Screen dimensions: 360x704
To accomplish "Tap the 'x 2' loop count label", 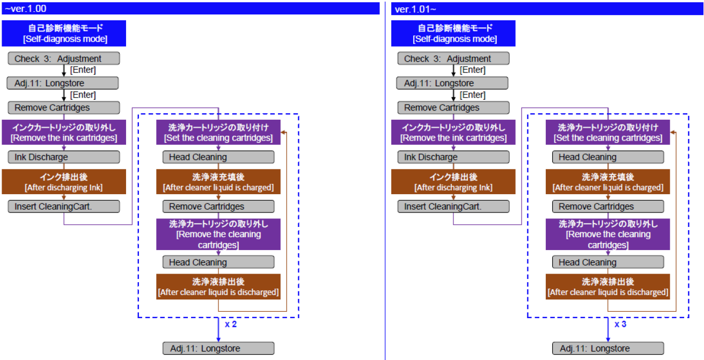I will tap(231, 325).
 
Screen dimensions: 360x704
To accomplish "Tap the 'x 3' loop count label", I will tap(620, 325).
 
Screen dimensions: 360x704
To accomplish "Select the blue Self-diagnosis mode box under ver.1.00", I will tap(64, 33).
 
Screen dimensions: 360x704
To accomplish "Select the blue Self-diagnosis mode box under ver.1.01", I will tap(454, 33).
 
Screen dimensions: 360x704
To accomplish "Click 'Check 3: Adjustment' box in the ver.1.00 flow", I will tap(63, 58).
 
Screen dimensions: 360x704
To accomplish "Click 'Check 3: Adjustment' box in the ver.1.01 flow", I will tap(453, 58).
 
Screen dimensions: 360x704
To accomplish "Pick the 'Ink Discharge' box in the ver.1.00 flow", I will tap(63, 157).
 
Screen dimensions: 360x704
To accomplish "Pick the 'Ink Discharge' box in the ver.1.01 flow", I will tap(453, 157).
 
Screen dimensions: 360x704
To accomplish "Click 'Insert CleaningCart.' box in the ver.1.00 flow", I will tap(63, 207).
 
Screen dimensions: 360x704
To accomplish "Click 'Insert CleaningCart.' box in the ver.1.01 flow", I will tap(453, 207).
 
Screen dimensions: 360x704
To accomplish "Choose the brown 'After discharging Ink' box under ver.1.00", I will tap(63, 182).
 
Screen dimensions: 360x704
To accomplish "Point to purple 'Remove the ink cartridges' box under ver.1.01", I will tap(453, 133).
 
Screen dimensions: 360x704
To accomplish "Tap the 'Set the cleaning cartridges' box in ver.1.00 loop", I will tap(218, 133).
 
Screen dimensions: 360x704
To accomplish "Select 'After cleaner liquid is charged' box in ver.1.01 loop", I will tap(608, 182).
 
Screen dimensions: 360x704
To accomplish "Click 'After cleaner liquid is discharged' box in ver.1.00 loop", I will tap(218, 286).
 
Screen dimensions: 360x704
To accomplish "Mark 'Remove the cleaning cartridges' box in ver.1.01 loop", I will tap(608, 234).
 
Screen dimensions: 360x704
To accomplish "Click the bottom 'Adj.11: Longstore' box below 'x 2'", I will tap(218, 348).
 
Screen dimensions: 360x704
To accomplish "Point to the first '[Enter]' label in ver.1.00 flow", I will tap(83, 70).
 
